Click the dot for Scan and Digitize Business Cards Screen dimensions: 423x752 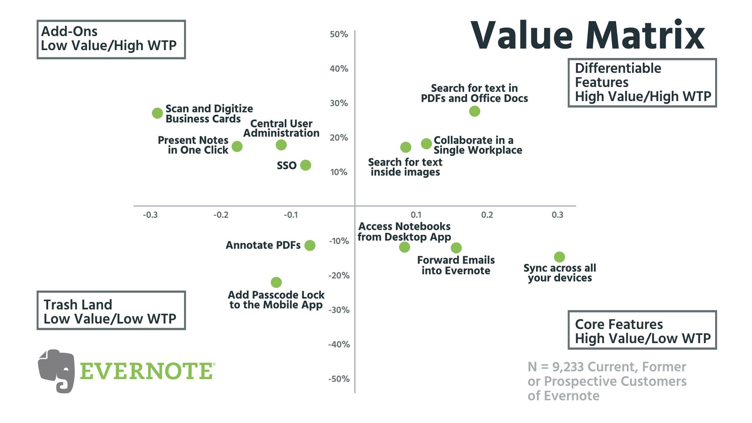click(157, 113)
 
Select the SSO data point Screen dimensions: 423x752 click(305, 165)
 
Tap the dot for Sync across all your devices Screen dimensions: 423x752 click(559, 257)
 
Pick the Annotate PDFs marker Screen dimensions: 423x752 click(310, 246)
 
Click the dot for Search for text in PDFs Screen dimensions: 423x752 click(474, 111)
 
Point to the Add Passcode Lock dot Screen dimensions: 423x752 click(276, 282)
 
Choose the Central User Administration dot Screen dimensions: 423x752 click(281, 145)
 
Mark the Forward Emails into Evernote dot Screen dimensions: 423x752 click(456, 248)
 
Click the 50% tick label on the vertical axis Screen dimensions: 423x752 click(339, 34)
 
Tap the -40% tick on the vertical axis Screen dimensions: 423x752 click(339, 345)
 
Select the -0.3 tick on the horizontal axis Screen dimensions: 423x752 click(150, 215)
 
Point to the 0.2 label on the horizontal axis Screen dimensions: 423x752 click(487, 215)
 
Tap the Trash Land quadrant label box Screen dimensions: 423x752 click(111, 310)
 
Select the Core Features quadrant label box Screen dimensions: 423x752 click(642, 330)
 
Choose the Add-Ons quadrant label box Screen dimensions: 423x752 click(111, 40)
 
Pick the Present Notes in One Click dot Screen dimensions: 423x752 click(237, 146)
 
